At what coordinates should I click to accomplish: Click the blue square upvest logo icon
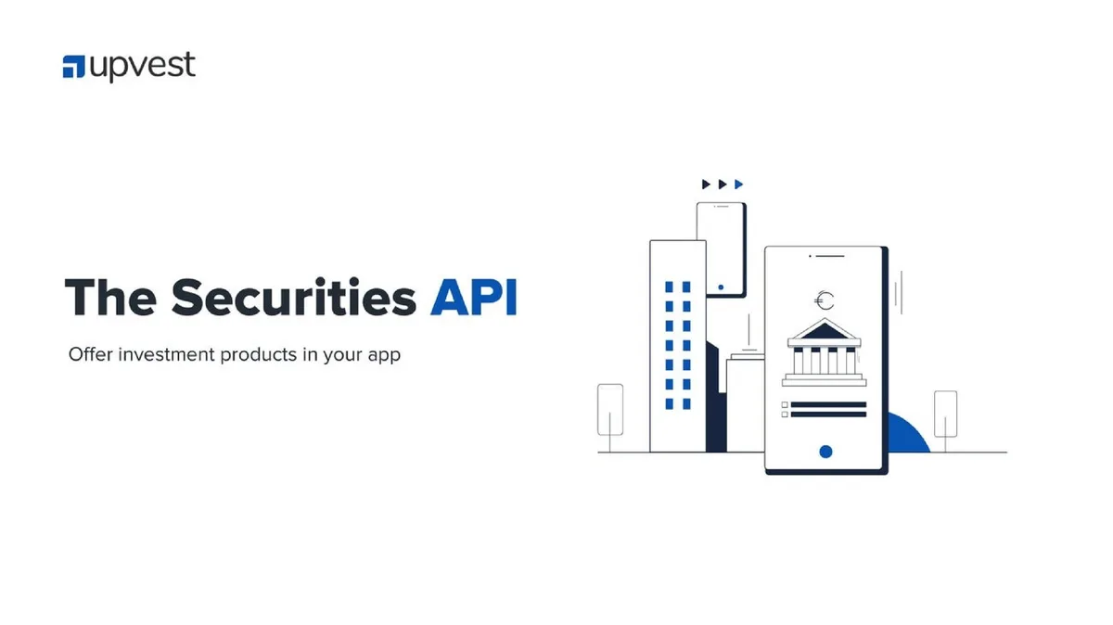click(73, 67)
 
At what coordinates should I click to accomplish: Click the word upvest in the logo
click(143, 67)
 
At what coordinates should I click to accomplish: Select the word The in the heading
click(110, 297)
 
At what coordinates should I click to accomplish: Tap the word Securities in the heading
click(294, 297)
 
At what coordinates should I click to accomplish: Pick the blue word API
click(474, 297)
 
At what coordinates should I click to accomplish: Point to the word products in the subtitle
click(259, 355)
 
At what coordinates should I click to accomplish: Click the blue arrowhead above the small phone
click(739, 185)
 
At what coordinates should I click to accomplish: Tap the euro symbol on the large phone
click(825, 300)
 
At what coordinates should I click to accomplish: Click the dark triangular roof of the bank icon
click(825, 330)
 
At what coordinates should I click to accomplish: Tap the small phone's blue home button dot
click(721, 287)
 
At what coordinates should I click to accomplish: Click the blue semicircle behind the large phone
click(908, 433)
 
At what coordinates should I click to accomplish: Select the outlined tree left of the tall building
click(610, 410)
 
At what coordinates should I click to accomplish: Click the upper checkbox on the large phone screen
click(785, 405)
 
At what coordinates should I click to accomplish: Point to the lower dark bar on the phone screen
click(828, 415)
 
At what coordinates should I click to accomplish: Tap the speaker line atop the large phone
click(830, 256)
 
